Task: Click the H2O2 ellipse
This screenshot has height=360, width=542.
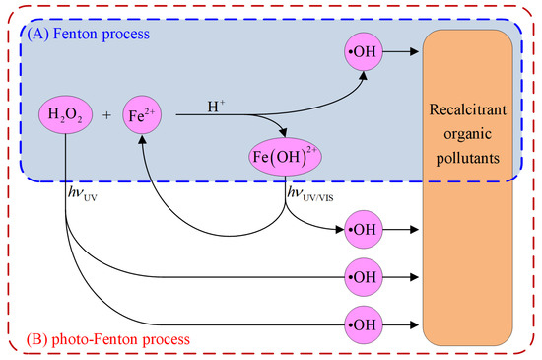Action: (64, 115)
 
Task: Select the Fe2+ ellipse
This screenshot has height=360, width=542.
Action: (143, 115)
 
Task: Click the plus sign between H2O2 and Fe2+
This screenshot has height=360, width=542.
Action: (105, 116)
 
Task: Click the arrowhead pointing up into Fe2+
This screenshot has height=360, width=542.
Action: (144, 139)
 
